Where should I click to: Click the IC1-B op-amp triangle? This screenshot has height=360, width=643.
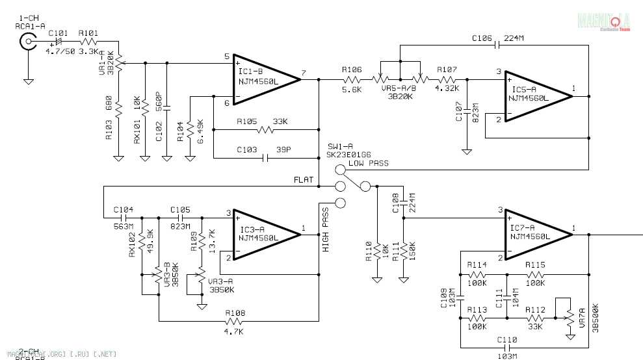point(263,79)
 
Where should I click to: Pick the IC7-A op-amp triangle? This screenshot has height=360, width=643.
point(536,233)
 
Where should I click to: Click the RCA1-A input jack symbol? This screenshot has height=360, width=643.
point(28,43)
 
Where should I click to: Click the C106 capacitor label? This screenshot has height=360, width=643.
point(482,38)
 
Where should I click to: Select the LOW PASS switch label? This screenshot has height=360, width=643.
point(368,163)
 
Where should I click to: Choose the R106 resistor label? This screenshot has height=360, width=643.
point(352,69)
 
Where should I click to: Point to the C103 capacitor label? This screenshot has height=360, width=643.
point(247,149)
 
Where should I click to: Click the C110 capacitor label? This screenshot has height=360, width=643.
point(507,340)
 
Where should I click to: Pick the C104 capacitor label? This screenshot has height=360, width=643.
point(124,209)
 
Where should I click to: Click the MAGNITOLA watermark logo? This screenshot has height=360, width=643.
point(604,21)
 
